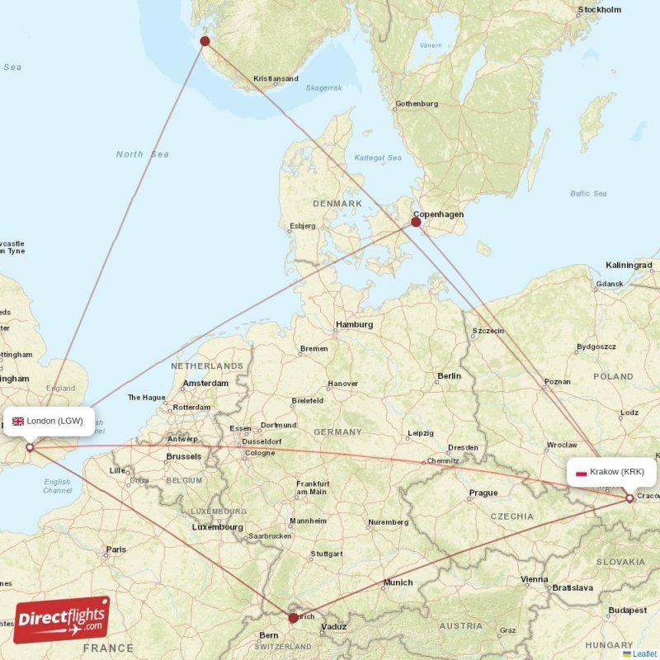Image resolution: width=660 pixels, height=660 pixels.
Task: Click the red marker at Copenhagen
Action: pyautogui.click(x=416, y=221)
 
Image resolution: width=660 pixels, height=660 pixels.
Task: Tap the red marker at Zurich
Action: pyautogui.click(x=293, y=617)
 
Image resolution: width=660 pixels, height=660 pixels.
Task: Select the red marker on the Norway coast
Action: pyautogui.click(x=205, y=41)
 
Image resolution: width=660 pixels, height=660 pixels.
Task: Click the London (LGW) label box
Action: pyautogui.click(x=48, y=421)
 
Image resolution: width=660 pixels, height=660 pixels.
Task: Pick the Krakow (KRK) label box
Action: pyautogui.click(x=610, y=472)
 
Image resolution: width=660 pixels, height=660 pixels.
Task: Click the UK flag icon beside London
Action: pyautogui.click(x=17, y=421)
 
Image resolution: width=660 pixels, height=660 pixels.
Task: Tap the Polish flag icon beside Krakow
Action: pyautogui.click(x=581, y=473)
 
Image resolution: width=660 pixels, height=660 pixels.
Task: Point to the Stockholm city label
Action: pyautogui.click(x=600, y=10)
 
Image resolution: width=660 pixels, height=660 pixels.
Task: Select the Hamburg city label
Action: pyautogui.click(x=356, y=324)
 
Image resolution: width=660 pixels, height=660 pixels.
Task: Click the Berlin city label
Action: pyautogui.click(x=450, y=376)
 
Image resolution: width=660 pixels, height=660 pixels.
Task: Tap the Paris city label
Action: pyautogui.click(x=116, y=549)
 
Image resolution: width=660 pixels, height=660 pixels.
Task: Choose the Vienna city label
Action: pyautogui.click(x=535, y=579)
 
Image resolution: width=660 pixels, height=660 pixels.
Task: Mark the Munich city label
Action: pyautogui.click(x=398, y=582)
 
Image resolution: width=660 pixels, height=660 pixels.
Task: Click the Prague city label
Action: pyautogui.click(x=483, y=493)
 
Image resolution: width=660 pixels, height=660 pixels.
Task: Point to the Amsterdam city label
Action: pyautogui.click(x=206, y=384)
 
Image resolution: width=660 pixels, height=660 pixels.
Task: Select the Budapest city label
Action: pyautogui.click(x=628, y=610)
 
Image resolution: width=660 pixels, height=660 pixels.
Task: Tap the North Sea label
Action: pyautogui.click(x=142, y=154)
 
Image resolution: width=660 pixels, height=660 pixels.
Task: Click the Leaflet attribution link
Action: pyautogui.click(x=644, y=653)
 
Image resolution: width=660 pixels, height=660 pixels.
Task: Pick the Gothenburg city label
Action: pyautogui.click(x=417, y=104)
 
